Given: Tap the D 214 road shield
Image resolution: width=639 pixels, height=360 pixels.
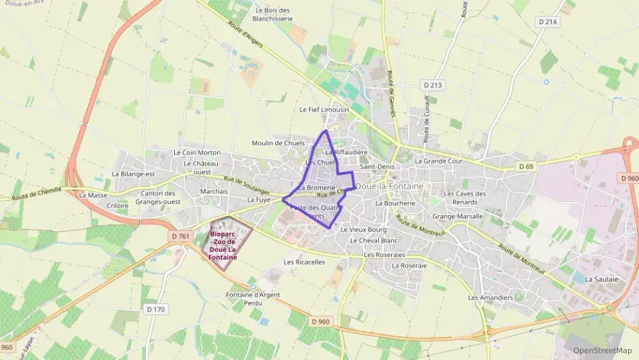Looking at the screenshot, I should pyautogui.click(x=548, y=23).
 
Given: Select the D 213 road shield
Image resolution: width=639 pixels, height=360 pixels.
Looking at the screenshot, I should pyautogui.click(x=433, y=85).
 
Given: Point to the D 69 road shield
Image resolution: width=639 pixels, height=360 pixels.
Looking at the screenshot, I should pyautogui.click(x=526, y=166).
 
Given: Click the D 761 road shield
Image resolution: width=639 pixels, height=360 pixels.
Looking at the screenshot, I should pyautogui.click(x=181, y=236).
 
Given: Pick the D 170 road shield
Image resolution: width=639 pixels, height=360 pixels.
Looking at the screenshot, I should pyautogui.click(x=156, y=309).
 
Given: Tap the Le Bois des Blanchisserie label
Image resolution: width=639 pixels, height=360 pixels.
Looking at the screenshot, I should pyautogui.click(x=272, y=15).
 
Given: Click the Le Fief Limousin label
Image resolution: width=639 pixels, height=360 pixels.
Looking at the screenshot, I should pyautogui.click(x=324, y=109).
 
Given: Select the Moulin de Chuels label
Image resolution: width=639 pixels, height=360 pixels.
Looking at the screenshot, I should pyautogui.click(x=278, y=143).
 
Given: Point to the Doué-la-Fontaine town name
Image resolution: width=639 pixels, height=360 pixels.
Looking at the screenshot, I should pyautogui.click(x=390, y=186).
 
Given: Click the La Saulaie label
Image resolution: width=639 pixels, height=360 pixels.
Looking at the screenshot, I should pyautogui.click(x=601, y=279).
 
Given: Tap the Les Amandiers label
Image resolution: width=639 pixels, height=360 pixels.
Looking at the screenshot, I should pyautogui.click(x=490, y=298).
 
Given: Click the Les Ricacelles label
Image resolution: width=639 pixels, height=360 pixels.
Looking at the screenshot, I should pyautogui.click(x=304, y=262).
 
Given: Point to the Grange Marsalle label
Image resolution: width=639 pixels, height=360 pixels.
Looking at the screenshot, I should pyautogui.click(x=457, y=216).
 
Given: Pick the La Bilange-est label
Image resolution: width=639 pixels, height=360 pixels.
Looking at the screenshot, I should pyautogui.click(x=134, y=174).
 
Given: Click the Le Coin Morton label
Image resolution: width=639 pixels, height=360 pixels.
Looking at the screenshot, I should pyautogui.click(x=197, y=152).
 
